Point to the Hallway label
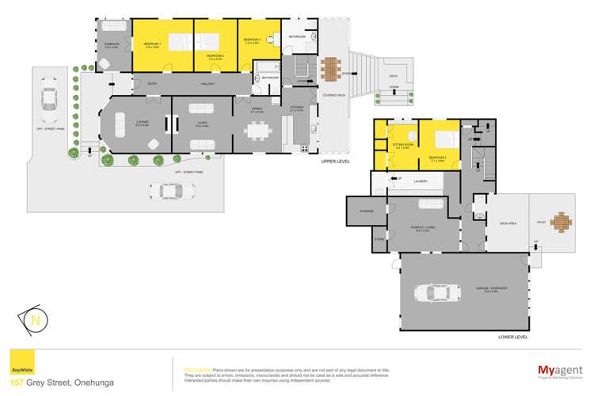pyautogui.click(x=208, y=83)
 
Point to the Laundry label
pyautogui.click(x=420, y=181)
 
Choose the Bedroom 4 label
pyautogui.click(x=437, y=158)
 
